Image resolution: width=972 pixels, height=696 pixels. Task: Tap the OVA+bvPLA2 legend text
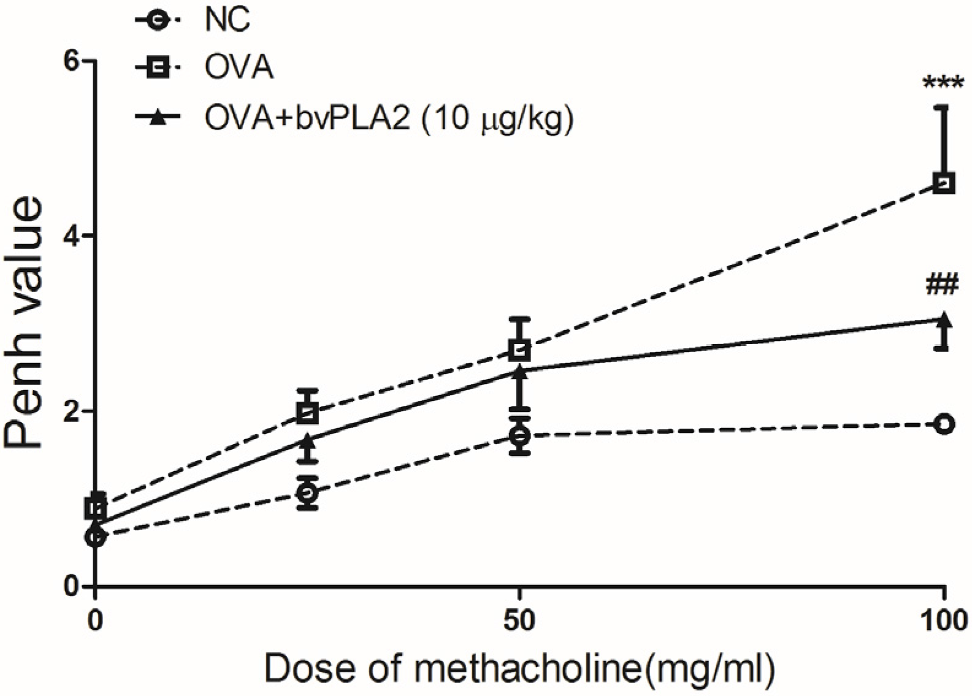pyautogui.click(x=389, y=118)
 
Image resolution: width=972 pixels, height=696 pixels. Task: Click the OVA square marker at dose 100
pyautogui.click(x=944, y=183)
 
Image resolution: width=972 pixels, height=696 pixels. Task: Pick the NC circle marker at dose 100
pyautogui.click(x=944, y=424)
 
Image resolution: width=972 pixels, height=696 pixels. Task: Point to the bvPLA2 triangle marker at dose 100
pyautogui.click(x=944, y=320)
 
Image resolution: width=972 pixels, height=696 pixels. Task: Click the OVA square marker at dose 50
pyautogui.click(x=519, y=351)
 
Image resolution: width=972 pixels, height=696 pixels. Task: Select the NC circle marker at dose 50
pyautogui.click(x=519, y=435)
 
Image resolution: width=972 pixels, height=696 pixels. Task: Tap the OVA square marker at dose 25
pyautogui.click(x=307, y=412)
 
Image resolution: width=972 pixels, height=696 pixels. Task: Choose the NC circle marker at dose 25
pyautogui.click(x=307, y=492)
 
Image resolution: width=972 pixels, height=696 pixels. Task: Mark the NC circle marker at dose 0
pyautogui.click(x=96, y=537)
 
